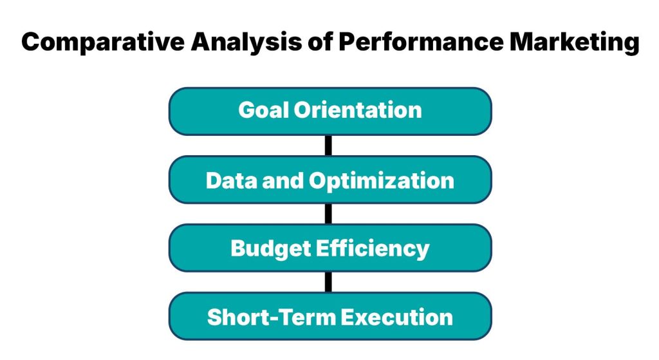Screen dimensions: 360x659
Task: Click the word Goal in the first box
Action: click(x=263, y=110)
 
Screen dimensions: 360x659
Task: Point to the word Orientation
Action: click(x=358, y=110)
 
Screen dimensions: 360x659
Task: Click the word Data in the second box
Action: click(x=230, y=180)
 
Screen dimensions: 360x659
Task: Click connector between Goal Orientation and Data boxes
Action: click(x=329, y=146)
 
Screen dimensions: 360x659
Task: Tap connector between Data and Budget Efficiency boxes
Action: click(x=329, y=214)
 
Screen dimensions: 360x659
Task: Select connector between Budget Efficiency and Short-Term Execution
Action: click(x=329, y=282)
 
